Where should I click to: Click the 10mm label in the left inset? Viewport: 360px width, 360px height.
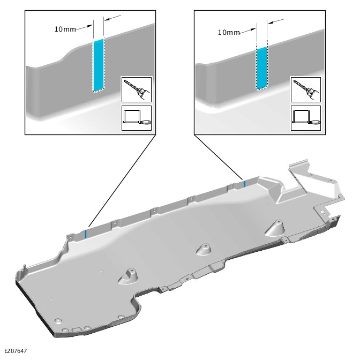[65, 29]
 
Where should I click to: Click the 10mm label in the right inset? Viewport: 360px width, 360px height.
[228, 32]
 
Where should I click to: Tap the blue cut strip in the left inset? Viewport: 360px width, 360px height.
[99, 65]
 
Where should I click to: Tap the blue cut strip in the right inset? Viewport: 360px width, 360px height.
[262, 67]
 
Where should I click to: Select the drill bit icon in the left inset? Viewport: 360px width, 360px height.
[137, 89]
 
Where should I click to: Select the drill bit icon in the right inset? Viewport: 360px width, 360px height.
[305, 89]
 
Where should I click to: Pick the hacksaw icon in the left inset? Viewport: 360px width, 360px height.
[137, 118]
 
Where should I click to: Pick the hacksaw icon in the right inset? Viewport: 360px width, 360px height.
[305, 118]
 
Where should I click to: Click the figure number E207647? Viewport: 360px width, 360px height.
[16, 351]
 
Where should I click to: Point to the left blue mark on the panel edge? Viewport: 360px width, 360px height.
[86, 234]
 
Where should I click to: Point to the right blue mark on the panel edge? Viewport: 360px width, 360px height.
[245, 184]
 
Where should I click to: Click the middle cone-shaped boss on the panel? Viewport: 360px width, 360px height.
[204, 249]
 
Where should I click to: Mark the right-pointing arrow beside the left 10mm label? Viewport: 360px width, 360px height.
[84, 28]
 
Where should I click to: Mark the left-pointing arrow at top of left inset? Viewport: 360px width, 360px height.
[112, 18]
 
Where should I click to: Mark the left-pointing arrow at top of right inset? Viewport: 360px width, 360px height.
[276, 21]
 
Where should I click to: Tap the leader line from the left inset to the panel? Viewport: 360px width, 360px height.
[122, 181]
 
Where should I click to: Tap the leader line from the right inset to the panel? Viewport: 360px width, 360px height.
[219, 157]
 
